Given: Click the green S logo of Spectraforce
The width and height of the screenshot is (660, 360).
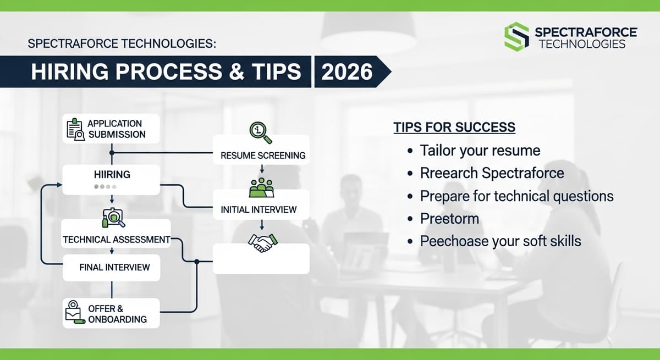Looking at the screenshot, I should click(x=516, y=36).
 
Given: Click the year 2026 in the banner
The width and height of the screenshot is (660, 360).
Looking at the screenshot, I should click(x=347, y=72).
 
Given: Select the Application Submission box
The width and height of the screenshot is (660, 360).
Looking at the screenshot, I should click(x=111, y=129).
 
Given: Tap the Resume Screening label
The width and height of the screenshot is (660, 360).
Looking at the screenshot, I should click(x=262, y=155).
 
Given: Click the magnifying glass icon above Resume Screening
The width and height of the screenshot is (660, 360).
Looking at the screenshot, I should click(x=260, y=131).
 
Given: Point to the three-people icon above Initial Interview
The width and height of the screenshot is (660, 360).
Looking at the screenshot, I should click(x=261, y=187).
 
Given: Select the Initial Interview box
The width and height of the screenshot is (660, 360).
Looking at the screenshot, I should click(x=258, y=209).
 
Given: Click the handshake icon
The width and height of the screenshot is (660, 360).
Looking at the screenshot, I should click(x=262, y=242).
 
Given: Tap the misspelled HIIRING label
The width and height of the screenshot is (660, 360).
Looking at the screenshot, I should click(x=112, y=174).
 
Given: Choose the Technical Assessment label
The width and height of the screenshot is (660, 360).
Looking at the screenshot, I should click(x=116, y=240).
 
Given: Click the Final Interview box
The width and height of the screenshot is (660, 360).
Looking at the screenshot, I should click(x=114, y=267).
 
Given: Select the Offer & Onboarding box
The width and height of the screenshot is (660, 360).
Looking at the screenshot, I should click(x=111, y=313).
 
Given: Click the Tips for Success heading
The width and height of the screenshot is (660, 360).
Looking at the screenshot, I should click(x=454, y=128).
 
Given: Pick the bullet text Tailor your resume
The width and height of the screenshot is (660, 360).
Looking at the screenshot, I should click(x=480, y=150).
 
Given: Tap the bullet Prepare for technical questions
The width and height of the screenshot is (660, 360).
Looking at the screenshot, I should click(x=516, y=196).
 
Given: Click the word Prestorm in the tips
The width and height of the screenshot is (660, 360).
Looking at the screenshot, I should click(x=449, y=218).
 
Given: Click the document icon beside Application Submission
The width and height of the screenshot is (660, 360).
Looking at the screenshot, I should click(x=74, y=129).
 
